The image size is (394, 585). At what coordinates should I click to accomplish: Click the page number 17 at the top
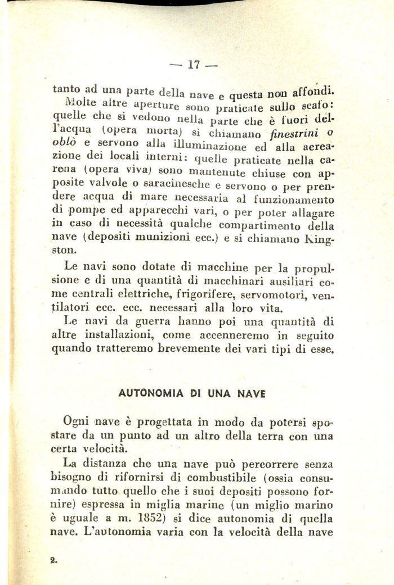(194, 64)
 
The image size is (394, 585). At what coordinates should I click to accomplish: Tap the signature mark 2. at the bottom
(54, 560)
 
